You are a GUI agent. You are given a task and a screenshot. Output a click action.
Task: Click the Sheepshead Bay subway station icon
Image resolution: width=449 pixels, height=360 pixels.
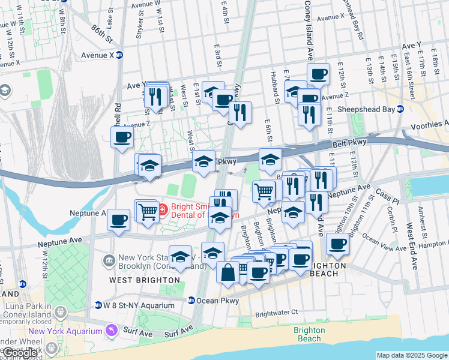(x=400, y=109)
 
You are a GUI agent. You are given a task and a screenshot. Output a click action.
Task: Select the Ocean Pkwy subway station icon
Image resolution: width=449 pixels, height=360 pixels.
(x=191, y=301)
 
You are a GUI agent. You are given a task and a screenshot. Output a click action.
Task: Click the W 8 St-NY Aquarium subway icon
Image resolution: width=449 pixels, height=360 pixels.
(x=98, y=305)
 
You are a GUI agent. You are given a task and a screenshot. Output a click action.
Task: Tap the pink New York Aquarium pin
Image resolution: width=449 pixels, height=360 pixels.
(x=110, y=331)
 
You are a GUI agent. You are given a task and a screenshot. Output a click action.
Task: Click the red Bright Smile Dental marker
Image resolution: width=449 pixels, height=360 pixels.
(x=163, y=209)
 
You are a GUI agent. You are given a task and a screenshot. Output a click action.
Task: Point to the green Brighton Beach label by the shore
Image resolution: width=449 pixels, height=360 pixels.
(x=309, y=334)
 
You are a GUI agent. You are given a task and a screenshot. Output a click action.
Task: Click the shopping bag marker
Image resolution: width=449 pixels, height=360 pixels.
(x=228, y=273)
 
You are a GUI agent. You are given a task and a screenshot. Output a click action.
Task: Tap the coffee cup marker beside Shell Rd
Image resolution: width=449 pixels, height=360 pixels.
(x=122, y=137)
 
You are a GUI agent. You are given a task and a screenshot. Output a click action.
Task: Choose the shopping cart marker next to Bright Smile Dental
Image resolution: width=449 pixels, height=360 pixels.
(x=146, y=211)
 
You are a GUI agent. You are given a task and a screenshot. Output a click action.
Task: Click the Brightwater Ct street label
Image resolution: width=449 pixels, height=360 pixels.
(x=276, y=313)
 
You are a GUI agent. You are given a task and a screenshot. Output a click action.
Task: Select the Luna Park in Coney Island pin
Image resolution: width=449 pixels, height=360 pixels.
(x=61, y=312)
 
